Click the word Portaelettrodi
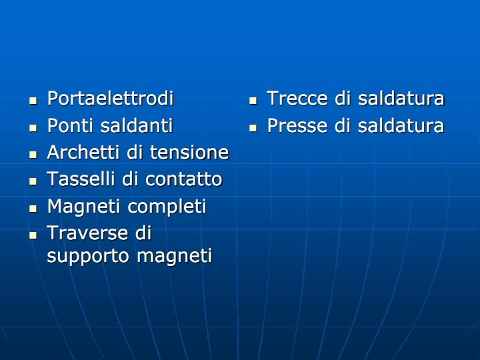tap(111, 98)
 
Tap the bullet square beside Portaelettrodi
tap(33, 101)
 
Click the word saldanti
tap(137, 125)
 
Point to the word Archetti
tap(83, 152)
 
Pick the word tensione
tap(189, 152)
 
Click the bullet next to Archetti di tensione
tap(33, 155)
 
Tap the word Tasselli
tap(81, 179)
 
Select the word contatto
tap(184, 179)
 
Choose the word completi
tap(167, 207)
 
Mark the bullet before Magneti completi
tap(33, 209)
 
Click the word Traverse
tap(87, 233)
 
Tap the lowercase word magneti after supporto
tap(175, 255)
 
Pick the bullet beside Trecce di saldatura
tap(253, 101)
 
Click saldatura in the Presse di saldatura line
tap(401, 125)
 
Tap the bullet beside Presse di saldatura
tap(253, 127)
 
